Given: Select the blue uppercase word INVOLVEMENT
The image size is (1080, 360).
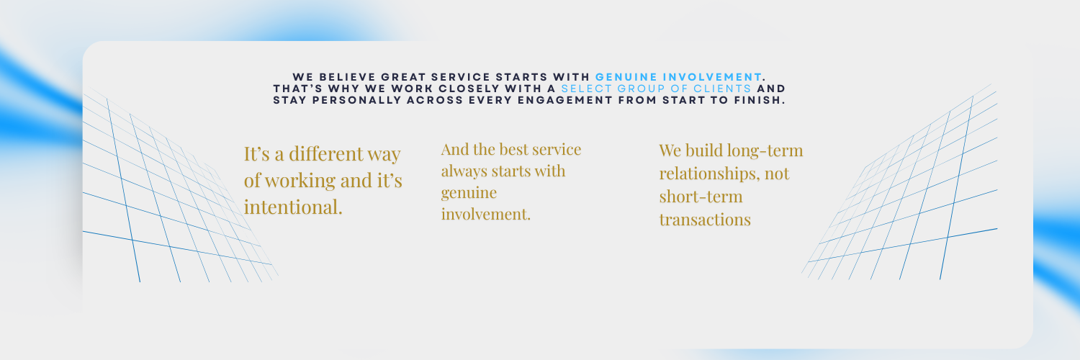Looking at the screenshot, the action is pos(712,77).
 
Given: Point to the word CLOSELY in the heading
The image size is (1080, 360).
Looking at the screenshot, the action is pos(469,89).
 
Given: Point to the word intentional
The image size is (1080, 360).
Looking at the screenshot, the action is pos(293,207).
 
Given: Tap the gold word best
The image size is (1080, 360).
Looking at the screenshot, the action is pos(513,149).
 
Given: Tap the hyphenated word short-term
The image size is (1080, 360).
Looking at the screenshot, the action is pos(701,197).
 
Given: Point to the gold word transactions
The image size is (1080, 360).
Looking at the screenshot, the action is pos(705,220).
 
